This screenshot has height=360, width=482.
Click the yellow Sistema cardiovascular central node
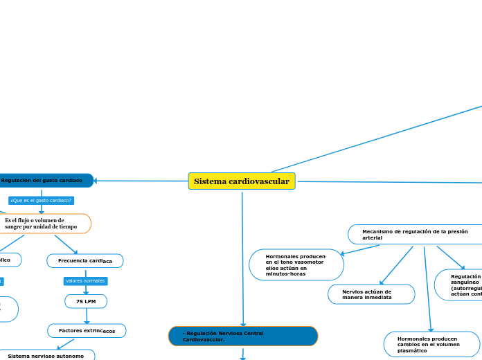[242, 181]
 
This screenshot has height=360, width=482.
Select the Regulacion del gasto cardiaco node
[43, 181]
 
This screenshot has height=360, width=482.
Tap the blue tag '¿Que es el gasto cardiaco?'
[42, 201]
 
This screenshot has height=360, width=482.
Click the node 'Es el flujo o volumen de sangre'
[42, 223]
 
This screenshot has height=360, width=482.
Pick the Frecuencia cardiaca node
[85, 261]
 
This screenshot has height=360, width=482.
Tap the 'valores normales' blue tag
[85, 281]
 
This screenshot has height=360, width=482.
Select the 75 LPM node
[86, 302]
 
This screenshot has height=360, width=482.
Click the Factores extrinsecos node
[87, 331]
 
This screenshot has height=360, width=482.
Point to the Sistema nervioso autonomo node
[46, 356]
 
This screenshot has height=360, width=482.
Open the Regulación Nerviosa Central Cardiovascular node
[243, 336]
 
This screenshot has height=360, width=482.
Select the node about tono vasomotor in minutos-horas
[296, 265]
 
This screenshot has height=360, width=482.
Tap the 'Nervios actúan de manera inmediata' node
[371, 294]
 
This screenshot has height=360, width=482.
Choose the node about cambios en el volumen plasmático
[431, 345]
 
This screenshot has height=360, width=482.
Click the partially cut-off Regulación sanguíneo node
[460, 285]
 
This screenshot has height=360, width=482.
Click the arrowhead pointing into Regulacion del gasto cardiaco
[96, 181]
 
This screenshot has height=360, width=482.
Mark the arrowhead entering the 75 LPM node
[86, 293]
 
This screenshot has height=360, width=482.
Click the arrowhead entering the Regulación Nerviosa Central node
[243, 324]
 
